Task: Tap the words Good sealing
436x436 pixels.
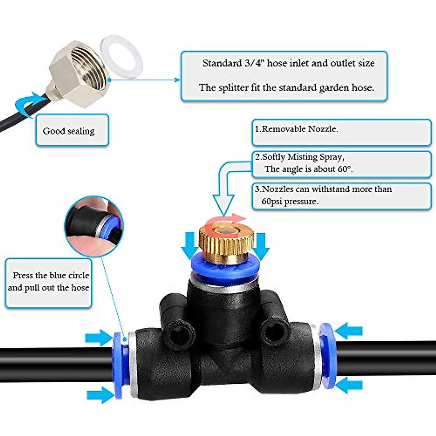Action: [x=68, y=131]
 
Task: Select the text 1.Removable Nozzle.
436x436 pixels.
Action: [x=296, y=129]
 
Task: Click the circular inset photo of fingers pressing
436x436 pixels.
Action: [x=94, y=225]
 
